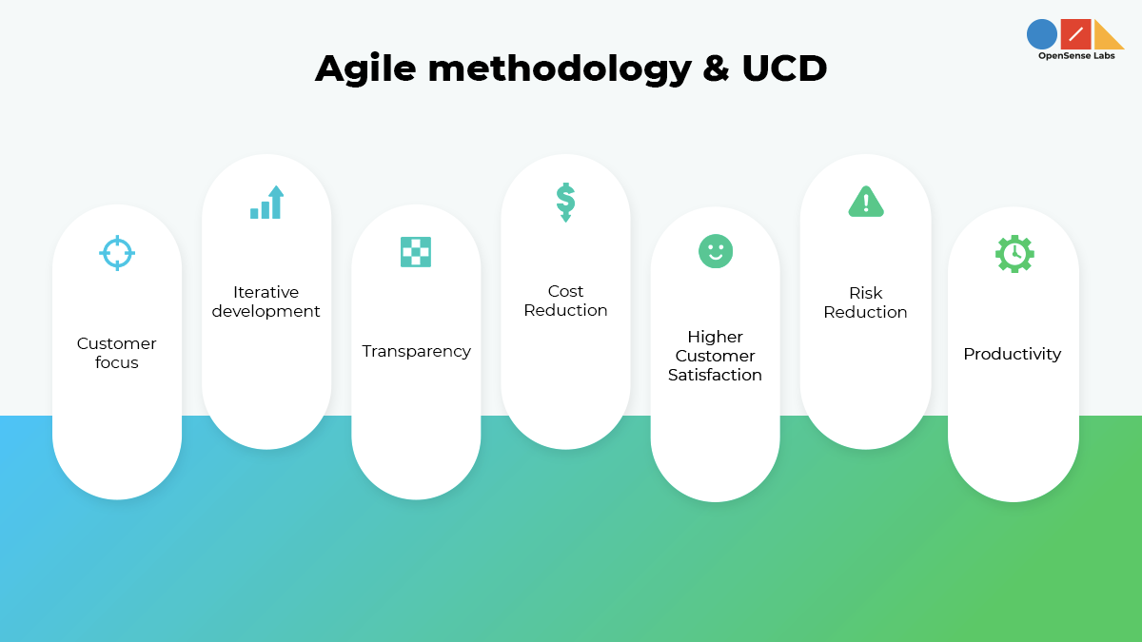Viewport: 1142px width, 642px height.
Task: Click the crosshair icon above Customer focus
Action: pos(117,253)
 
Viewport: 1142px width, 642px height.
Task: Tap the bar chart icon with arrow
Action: pos(267,203)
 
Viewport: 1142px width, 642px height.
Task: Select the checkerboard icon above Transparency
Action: pos(416,251)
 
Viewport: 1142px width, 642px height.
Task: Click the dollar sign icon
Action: pos(565,202)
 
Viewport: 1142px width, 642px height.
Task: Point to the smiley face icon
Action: pos(715,251)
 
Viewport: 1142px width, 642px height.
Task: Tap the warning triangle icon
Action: pos(865,202)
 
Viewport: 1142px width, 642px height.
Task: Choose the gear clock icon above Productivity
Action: pos(1014,253)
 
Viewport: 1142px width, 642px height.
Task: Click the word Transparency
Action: pos(416,351)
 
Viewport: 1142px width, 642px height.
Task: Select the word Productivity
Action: pos(1012,354)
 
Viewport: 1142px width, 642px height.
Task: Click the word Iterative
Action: pos(266,292)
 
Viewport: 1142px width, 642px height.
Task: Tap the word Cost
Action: pos(565,291)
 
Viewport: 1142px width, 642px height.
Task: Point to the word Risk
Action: pos(865,293)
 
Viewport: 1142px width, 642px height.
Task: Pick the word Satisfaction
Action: pos(715,375)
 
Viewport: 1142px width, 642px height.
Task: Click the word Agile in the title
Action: pos(366,68)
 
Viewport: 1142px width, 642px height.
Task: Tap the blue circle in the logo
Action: pos(1042,34)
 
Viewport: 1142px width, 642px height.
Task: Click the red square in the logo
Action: pos(1075,34)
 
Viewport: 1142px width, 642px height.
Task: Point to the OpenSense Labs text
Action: pos(1076,56)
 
